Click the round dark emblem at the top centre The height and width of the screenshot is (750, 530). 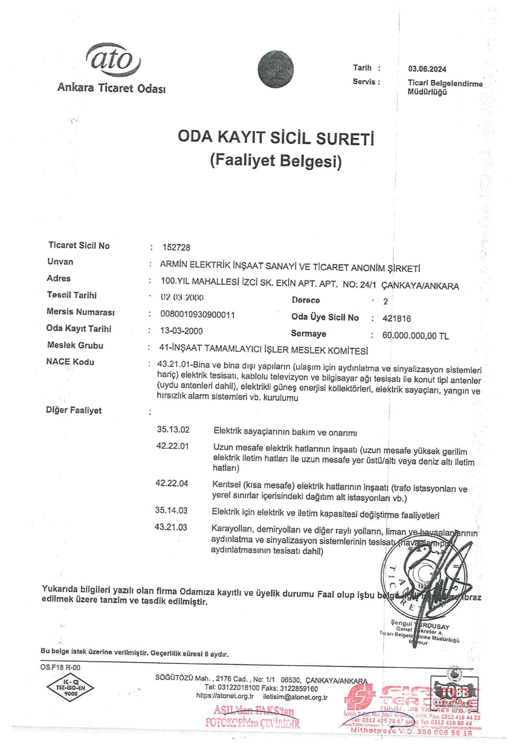(x=276, y=69)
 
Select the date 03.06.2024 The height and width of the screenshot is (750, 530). (x=427, y=69)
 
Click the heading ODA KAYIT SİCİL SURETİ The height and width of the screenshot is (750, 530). (x=276, y=137)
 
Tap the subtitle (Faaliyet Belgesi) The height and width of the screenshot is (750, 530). (x=276, y=160)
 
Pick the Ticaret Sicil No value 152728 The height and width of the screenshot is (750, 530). (x=176, y=248)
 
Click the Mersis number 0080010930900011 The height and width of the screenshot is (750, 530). (x=197, y=314)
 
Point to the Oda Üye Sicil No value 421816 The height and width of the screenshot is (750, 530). (x=396, y=319)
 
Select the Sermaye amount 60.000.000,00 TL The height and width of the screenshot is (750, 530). (x=415, y=336)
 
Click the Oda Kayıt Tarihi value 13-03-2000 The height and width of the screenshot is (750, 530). (x=181, y=331)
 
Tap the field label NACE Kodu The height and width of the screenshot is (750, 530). (x=70, y=362)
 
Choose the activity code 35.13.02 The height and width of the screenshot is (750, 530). (x=173, y=429)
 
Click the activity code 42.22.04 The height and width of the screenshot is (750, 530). (x=172, y=483)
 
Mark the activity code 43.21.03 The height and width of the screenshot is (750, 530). (x=171, y=527)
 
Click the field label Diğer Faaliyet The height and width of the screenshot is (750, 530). (x=74, y=410)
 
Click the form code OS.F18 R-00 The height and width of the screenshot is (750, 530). (x=60, y=667)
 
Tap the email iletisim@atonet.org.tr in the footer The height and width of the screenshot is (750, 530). (x=295, y=697)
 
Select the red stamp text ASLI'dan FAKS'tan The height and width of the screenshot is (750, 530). (x=254, y=710)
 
